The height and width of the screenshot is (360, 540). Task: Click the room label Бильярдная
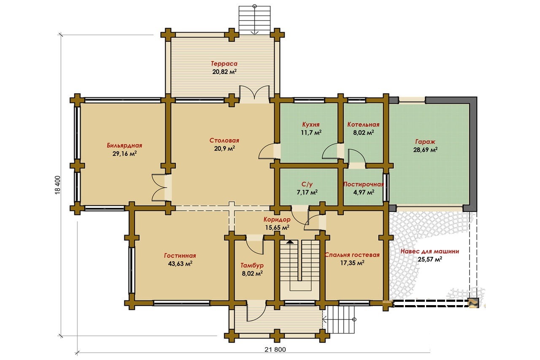pyautogui.click(x=124, y=146)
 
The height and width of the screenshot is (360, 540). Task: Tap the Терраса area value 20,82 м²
pyautogui.click(x=224, y=72)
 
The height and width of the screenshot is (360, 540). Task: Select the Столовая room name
pyautogui.click(x=224, y=141)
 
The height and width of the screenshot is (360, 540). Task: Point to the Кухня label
pyautogui.click(x=311, y=125)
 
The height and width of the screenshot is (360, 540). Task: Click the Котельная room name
pyautogui.click(x=363, y=125)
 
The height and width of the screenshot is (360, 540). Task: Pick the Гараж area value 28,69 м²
pyautogui.click(x=426, y=150)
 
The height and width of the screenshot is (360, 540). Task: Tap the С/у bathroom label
pyautogui.click(x=307, y=184)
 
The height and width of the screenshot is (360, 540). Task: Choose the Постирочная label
pyautogui.click(x=363, y=184)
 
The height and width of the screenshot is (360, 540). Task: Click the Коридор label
pyautogui.click(x=277, y=219)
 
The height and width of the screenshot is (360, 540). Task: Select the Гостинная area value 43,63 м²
pyautogui.click(x=180, y=263)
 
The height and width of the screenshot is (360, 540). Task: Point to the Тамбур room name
pyautogui.click(x=252, y=265)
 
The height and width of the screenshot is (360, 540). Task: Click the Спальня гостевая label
pyautogui.click(x=352, y=255)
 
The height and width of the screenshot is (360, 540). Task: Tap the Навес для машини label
pyautogui.click(x=429, y=251)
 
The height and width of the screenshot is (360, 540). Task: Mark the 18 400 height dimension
pyautogui.click(x=58, y=185)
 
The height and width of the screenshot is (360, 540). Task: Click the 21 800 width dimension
pyautogui.click(x=275, y=349)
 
